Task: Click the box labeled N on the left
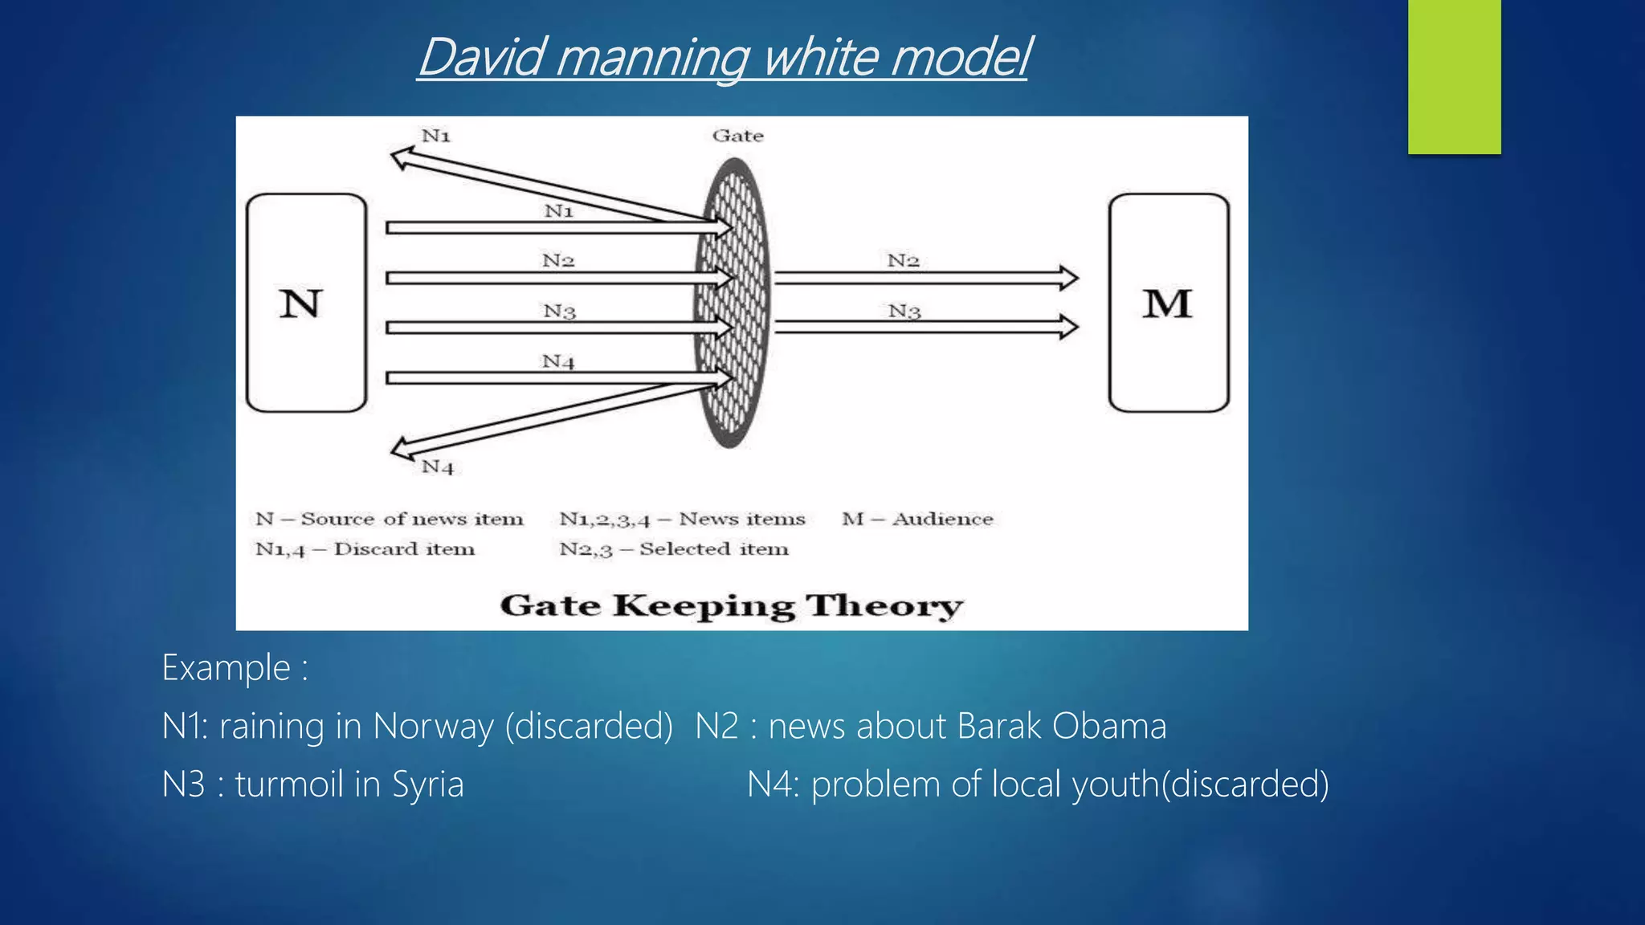tap(306, 303)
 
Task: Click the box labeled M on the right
tap(1168, 303)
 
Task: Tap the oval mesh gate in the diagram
tap(732, 303)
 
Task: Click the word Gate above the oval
tap(737, 136)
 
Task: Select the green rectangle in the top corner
tap(1454, 76)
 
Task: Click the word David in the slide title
tap(483, 58)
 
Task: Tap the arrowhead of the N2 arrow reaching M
tap(1070, 278)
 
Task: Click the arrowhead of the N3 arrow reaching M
tap(1070, 327)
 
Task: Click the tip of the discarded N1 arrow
tap(397, 157)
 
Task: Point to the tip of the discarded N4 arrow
tap(397, 448)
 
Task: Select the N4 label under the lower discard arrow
tap(438, 467)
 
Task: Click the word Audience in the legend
tap(943, 520)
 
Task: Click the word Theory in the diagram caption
tap(884, 606)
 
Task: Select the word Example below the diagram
tap(226, 668)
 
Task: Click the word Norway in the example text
tap(434, 727)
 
